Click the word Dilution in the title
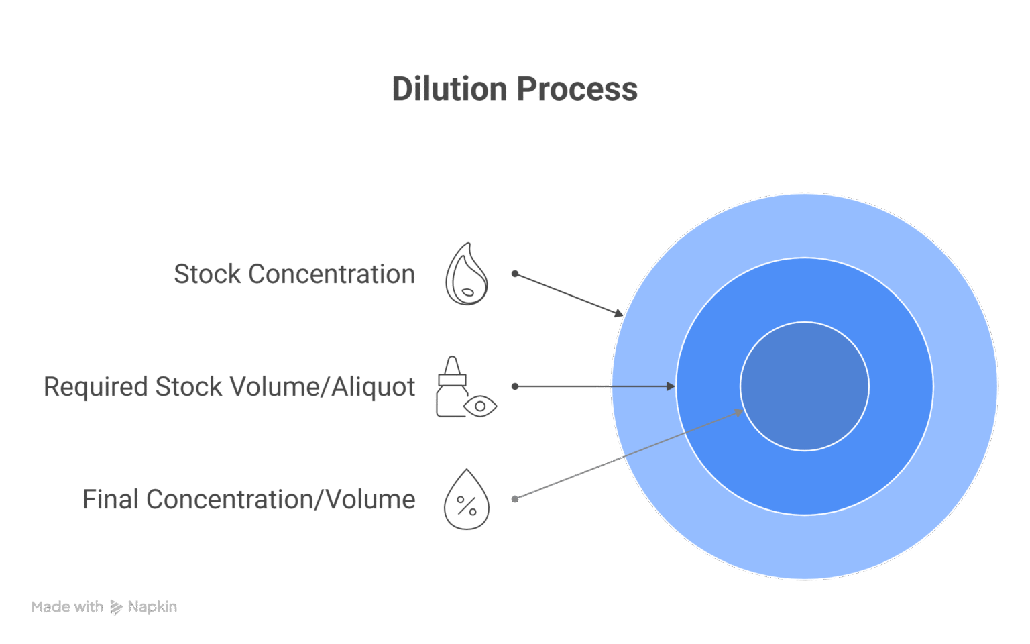[450, 89]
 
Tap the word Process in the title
[577, 89]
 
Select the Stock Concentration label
[294, 274]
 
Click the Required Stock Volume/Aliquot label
[229, 387]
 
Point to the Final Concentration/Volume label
[249, 500]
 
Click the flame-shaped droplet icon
[466, 274]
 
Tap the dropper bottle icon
[453, 386]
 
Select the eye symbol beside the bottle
[480, 406]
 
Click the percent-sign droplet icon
[466, 500]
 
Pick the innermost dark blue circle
[805, 386]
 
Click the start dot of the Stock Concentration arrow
[515, 274]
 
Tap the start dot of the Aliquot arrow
[515, 386]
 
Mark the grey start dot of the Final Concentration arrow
[515, 499]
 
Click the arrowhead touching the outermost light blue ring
[619, 313]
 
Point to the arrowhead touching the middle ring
[671, 386]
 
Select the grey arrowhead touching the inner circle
[738, 412]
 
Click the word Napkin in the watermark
[152, 608]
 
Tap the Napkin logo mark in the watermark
[116, 608]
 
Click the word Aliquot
[373, 387]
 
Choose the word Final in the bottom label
[111, 500]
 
